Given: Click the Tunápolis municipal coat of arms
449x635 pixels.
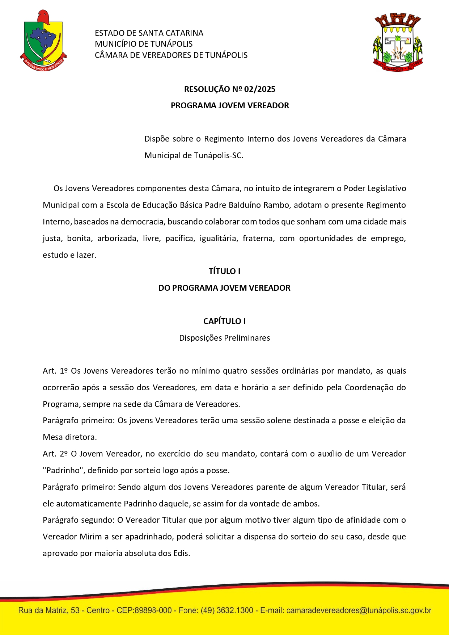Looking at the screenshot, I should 398,42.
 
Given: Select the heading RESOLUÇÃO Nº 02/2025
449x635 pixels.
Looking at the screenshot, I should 230,89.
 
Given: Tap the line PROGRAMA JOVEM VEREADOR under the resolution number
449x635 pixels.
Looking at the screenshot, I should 230,105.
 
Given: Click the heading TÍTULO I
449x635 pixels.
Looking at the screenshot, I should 224,271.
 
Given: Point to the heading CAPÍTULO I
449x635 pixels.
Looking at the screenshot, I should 224,321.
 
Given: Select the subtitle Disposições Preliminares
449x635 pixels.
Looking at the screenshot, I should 224,338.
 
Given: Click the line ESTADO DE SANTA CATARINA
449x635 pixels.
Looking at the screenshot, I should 149,33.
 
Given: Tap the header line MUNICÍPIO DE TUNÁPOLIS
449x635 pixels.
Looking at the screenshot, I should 144,44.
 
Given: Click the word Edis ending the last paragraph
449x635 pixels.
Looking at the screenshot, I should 181,553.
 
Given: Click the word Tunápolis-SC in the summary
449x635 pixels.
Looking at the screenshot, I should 218,155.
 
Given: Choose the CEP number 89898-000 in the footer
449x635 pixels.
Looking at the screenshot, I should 153,610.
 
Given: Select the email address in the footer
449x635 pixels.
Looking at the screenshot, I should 359,610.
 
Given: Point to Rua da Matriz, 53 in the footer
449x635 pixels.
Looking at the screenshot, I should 49,610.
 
